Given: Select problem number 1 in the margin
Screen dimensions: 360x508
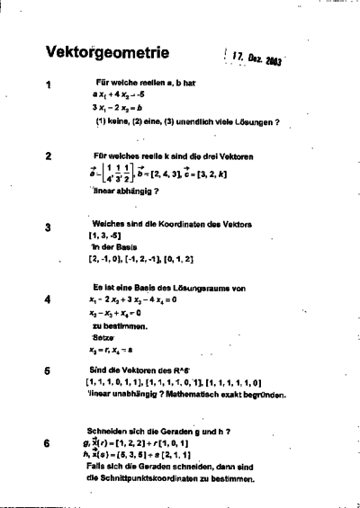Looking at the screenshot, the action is tap(47, 85).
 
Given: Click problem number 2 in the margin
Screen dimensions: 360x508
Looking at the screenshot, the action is tap(47, 155).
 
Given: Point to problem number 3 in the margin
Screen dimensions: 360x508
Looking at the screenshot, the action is tap(47, 227).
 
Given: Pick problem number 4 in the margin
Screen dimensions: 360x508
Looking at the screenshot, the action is tap(47, 299).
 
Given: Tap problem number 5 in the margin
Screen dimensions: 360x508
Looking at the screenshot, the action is tap(47, 370).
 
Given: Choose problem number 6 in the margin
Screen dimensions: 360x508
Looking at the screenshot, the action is tap(47, 442).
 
